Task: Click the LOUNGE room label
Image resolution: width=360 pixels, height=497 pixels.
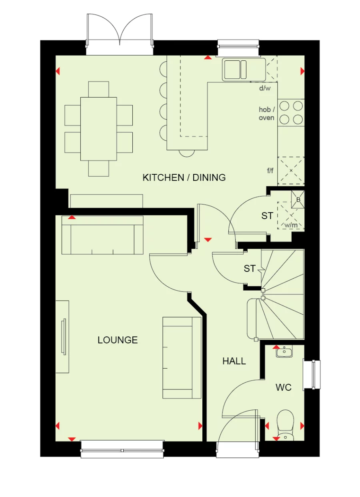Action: [x=118, y=340]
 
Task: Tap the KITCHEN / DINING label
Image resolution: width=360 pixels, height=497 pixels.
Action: [x=184, y=177]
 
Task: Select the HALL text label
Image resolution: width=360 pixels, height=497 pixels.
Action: [x=234, y=361]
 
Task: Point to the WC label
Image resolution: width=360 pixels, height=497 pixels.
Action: [x=283, y=387]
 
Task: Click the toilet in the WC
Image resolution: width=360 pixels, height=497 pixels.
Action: [x=285, y=424]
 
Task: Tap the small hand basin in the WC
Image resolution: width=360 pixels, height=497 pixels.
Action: [x=284, y=352]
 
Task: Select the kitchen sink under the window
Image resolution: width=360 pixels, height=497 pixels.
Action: [x=236, y=70]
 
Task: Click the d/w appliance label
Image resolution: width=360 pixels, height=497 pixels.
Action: [x=265, y=88]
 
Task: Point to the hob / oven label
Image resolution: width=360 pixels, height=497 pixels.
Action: [x=266, y=114]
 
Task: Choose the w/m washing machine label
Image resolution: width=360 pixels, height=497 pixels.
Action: [x=291, y=225]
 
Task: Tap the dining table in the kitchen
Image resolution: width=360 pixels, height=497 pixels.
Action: [x=98, y=129]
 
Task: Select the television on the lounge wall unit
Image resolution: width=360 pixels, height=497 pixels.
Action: [x=63, y=337]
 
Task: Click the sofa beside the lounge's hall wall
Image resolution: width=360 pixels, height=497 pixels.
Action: [x=182, y=357]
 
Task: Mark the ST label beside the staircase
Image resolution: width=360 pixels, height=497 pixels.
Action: [x=250, y=269]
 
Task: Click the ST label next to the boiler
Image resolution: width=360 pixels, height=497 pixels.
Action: [x=267, y=216]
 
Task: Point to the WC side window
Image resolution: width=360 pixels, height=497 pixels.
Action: [x=312, y=374]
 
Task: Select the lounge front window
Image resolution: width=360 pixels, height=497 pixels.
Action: [x=122, y=449]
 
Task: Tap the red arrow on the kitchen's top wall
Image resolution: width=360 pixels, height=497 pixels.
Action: [x=208, y=58]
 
